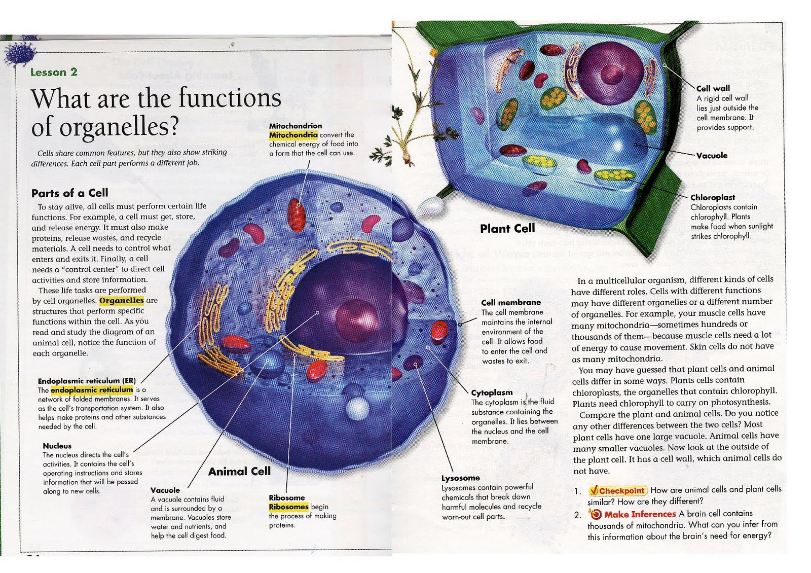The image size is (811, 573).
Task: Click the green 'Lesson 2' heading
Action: [54, 72]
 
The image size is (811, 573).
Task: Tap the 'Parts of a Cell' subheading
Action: [69, 193]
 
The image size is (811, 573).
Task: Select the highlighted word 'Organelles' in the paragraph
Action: [122, 300]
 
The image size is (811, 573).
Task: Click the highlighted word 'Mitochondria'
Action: [293, 135]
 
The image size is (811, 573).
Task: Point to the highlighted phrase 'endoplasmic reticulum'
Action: [92, 390]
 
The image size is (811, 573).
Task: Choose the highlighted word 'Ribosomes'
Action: [288, 507]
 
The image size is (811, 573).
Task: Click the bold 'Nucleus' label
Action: [57, 446]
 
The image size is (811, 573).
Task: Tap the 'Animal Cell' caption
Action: [239, 472]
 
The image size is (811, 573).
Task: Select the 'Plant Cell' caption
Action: [507, 229]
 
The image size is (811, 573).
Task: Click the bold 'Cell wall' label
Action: [713, 88]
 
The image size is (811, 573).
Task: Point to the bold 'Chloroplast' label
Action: [713, 197]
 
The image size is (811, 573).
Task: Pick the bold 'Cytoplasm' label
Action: [492, 392]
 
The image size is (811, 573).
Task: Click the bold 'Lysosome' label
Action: [460, 478]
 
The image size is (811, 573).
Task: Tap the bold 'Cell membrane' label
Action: [511, 302]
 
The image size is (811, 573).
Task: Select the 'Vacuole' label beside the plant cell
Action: [712, 156]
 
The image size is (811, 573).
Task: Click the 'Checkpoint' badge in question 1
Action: [618, 490]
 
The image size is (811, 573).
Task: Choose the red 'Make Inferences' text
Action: [640, 514]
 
